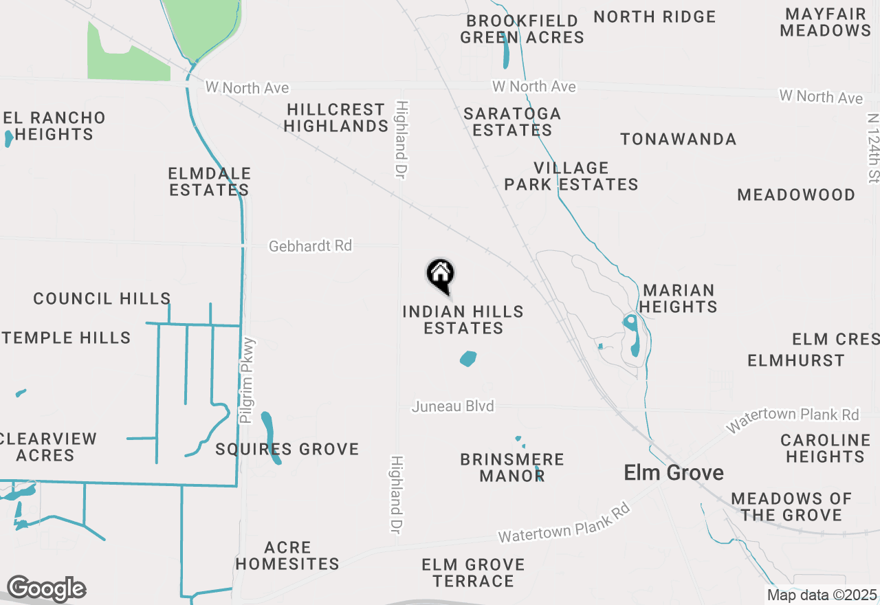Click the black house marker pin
tap(441, 275)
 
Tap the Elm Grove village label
tap(673, 473)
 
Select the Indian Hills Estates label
tap(463, 320)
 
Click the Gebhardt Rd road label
tap(310, 245)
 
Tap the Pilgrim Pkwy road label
tap(247, 380)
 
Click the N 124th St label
tap(873, 148)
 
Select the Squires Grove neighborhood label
tap(287, 450)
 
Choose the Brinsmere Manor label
tap(512, 467)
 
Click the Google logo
tap(46, 588)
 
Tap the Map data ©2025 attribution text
tap(822, 595)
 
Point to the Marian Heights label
tap(679, 298)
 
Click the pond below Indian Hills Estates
tap(468, 359)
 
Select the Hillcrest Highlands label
tap(335, 118)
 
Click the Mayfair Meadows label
tap(825, 22)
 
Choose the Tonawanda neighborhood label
tap(678, 140)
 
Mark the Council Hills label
tap(102, 298)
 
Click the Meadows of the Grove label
tap(791, 507)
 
